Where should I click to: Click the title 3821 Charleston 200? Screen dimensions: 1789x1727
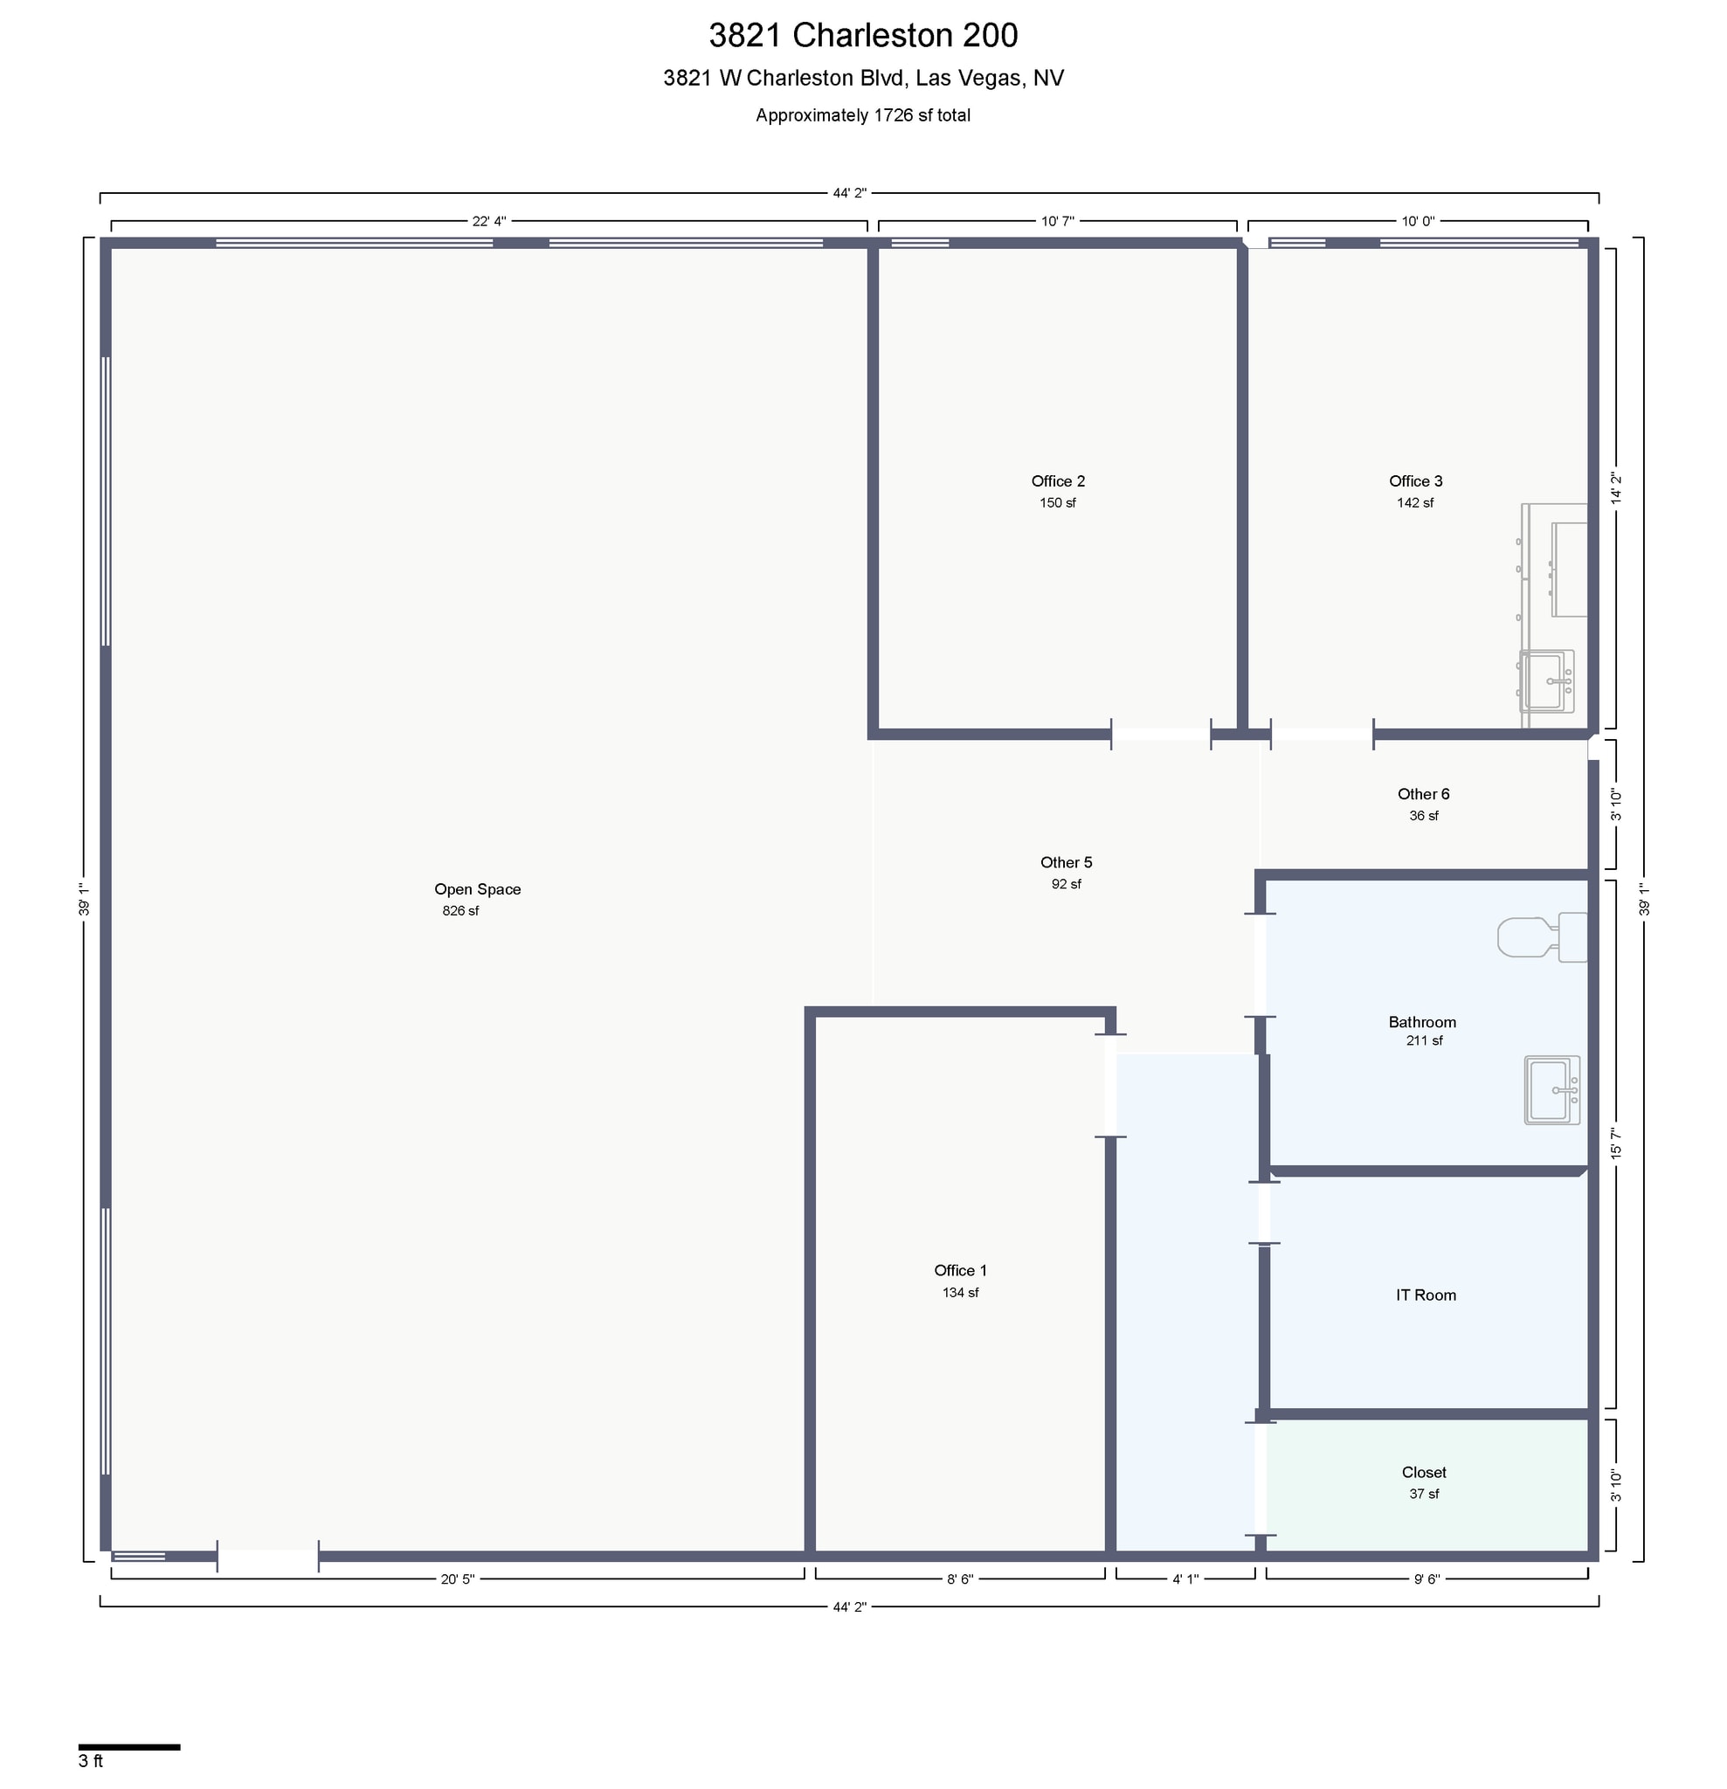coord(862,36)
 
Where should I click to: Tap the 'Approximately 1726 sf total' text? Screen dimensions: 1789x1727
coord(862,116)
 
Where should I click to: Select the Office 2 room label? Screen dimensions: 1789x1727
coord(1058,481)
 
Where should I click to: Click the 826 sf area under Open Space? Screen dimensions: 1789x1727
coord(460,911)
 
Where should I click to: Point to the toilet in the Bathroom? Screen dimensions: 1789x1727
coord(1542,936)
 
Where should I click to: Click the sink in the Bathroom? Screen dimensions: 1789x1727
coord(1551,1090)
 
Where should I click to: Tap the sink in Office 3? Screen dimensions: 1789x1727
coord(1546,680)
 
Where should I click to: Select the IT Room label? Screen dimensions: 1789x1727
coord(1426,1295)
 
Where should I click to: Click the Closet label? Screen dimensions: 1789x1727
coord(1424,1472)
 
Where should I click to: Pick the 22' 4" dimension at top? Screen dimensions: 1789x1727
coord(488,222)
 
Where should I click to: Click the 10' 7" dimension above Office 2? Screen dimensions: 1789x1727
coord(1058,222)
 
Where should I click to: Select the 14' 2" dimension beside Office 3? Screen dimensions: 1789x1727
coord(1616,488)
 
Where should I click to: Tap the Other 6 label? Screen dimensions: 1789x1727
coord(1423,794)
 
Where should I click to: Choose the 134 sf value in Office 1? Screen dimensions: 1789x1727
coord(960,1293)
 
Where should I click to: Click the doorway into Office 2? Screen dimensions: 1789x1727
coord(1160,734)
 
